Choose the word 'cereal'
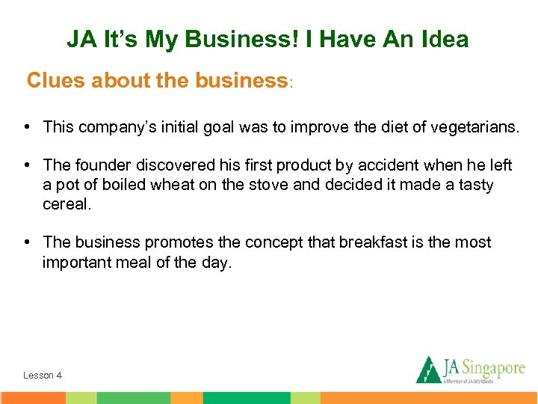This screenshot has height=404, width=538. coord(67,203)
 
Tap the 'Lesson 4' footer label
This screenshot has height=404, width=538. coord(43,375)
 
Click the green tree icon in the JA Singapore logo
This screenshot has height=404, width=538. coord(429,369)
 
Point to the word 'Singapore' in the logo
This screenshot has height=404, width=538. coord(493,367)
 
